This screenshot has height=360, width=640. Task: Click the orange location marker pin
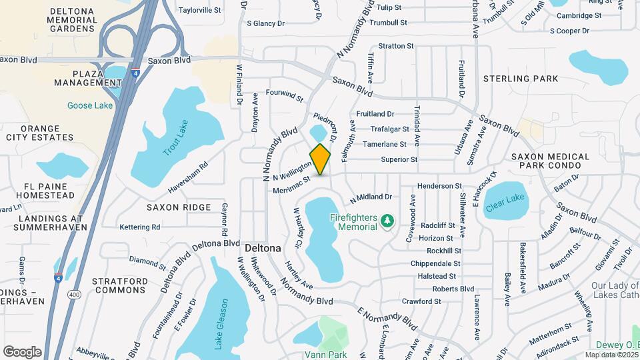(x=321, y=159)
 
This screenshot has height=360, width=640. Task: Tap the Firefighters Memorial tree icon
(x=385, y=220)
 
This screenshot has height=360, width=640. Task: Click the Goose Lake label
(x=89, y=105)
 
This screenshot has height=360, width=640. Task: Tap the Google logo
(x=22, y=351)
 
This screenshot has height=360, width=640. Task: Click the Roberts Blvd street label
(x=453, y=289)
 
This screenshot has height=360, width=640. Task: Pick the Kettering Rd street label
(x=139, y=227)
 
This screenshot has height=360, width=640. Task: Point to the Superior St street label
(x=399, y=159)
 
